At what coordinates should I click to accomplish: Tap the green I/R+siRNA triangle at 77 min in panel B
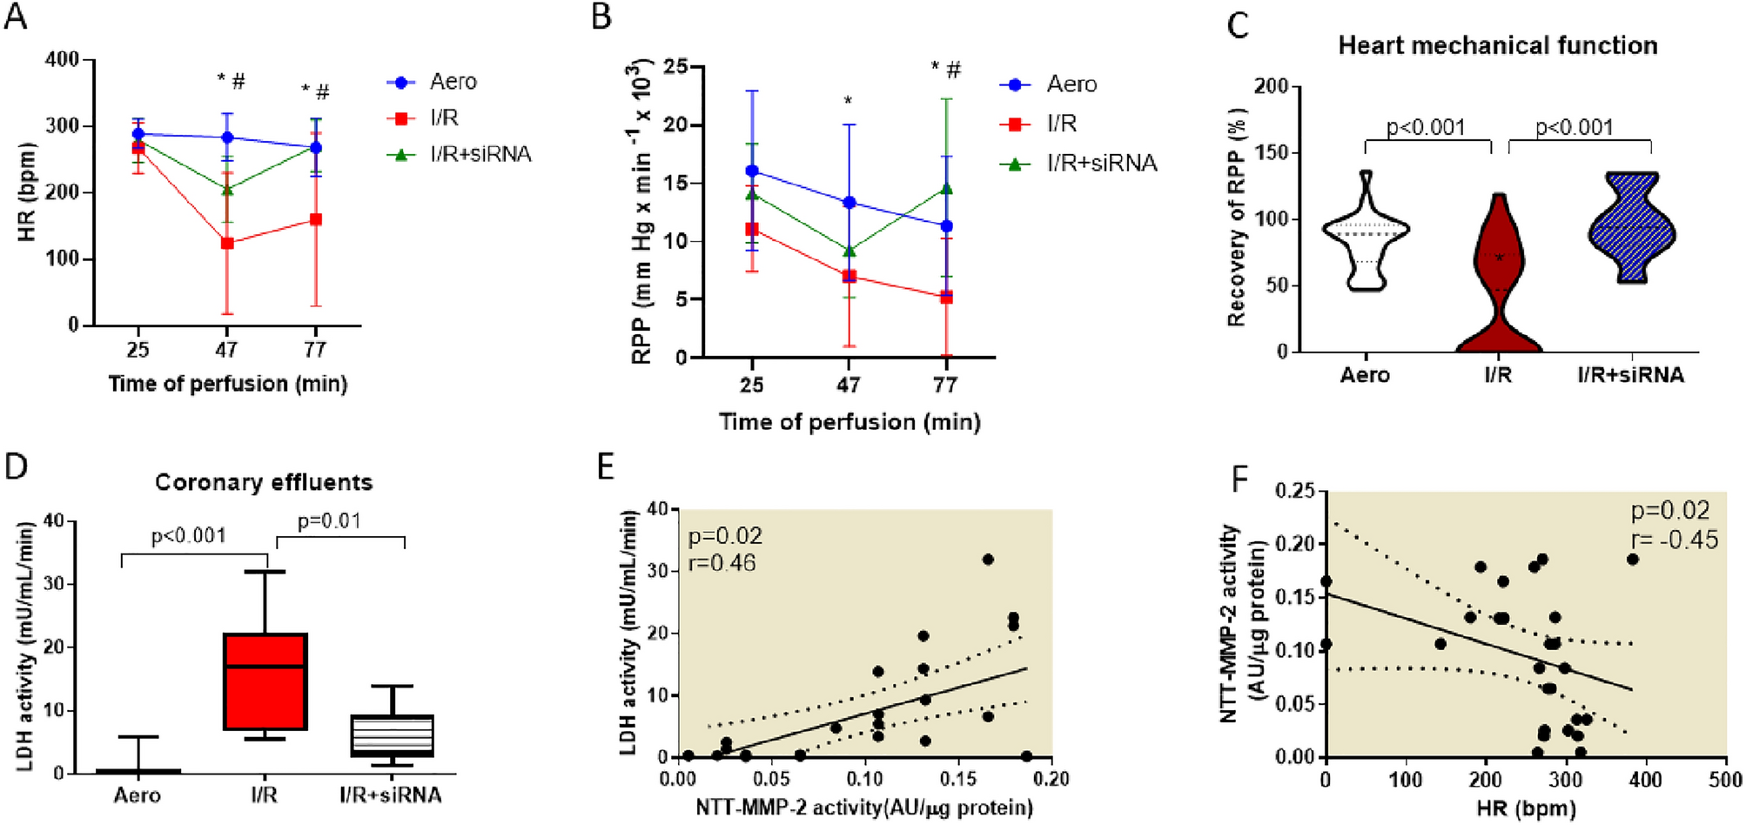coord(946,189)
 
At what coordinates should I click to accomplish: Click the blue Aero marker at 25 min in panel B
coord(752,171)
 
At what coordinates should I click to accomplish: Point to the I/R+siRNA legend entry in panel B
coord(1100,163)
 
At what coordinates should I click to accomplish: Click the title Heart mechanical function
coord(1497,45)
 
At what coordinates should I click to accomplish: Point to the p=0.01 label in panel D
coord(329,521)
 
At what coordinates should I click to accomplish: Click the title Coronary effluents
coord(264,482)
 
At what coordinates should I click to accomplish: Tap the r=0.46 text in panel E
coord(722,563)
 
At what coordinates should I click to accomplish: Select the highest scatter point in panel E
coord(988,560)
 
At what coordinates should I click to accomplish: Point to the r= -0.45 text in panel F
coord(1674,540)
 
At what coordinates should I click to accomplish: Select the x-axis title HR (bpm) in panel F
coord(1526,809)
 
